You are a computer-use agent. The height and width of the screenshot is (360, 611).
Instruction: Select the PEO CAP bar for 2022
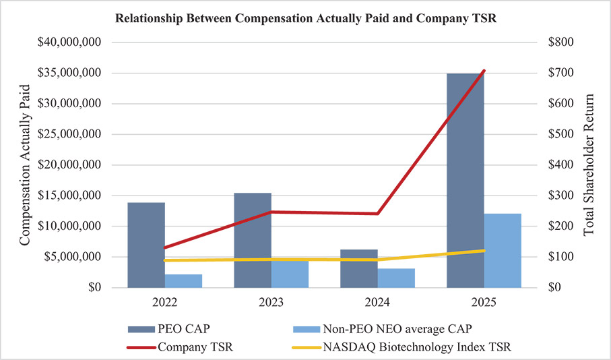tap(146, 245)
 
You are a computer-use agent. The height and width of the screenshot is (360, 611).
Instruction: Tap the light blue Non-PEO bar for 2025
tap(503, 250)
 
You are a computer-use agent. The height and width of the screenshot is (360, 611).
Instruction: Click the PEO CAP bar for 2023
tap(253, 240)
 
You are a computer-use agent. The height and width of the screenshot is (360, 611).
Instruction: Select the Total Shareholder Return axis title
tap(589, 165)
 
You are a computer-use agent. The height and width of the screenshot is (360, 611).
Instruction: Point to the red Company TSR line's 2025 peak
tap(484, 71)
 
